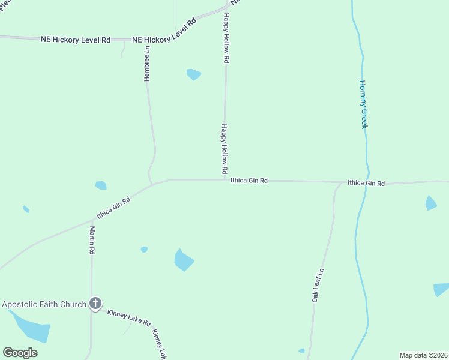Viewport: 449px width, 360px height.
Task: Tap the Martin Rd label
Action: click(x=92, y=240)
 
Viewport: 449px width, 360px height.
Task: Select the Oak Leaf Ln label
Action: click(x=319, y=284)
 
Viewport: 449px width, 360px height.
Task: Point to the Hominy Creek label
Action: click(x=363, y=104)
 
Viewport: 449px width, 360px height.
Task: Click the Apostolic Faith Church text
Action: click(x=44, y=304)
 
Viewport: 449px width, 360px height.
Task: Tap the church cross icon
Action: click(x=95, y=304)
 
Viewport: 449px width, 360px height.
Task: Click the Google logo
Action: click(x=20, y=353)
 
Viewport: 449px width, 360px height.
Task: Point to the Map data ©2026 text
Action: click(x=423, y=355)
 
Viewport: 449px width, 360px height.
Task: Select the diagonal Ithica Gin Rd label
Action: click(x=114, y=208)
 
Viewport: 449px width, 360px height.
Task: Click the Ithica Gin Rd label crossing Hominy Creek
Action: click(x=366, y=183)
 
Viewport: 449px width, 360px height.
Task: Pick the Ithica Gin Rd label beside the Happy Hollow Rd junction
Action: click(x=249, y=180)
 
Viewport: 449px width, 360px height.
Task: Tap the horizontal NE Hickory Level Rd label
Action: click(x=76, y=40)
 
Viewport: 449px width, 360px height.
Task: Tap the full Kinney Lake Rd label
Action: click(x=128, y=317)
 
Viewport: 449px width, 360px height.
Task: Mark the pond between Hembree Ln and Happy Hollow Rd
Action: click(x=193, y=74)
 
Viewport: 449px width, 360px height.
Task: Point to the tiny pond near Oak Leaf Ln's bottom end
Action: click(x=301, y=351)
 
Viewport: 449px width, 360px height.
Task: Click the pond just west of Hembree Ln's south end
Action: click(x=101, y=185)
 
